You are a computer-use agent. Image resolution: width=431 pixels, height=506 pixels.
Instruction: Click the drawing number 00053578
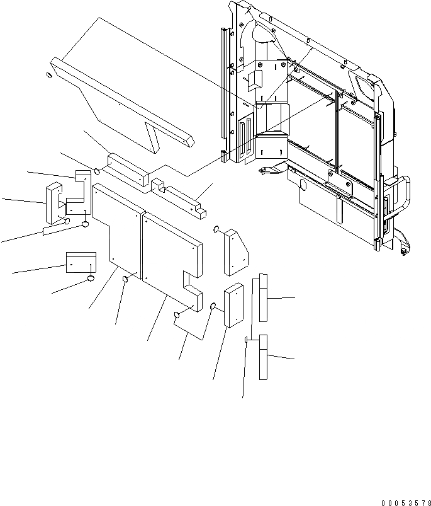[404, 502]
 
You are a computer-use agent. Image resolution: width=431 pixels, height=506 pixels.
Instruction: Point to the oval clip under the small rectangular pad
[91, 278]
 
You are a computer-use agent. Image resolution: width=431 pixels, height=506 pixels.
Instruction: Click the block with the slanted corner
[235, 252]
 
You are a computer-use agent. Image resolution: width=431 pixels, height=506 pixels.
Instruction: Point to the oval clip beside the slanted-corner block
[216, 229]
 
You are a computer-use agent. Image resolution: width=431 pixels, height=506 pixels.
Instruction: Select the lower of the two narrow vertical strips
[264, 357]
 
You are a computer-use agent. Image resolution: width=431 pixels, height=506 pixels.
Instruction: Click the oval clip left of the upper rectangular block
[98, 170]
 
